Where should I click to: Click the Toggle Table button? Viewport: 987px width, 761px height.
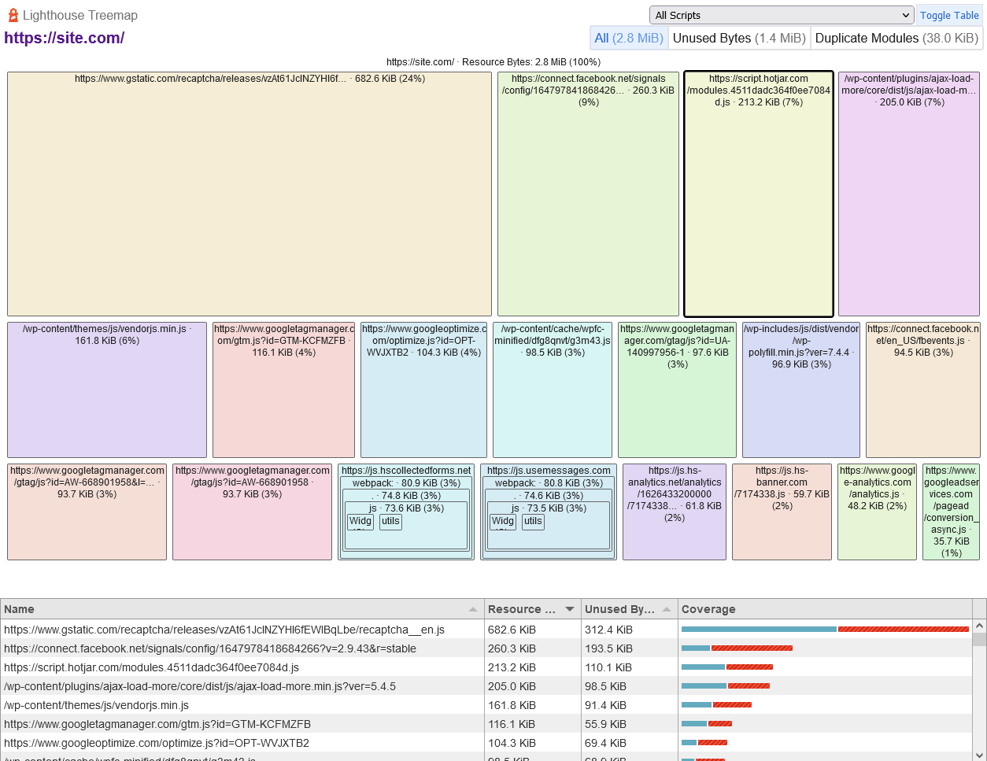click(x=949, y=15)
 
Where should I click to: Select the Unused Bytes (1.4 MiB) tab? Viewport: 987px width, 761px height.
click(x=739, y=38)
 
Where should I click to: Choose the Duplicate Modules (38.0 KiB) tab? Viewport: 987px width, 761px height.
click(x=896, y=38)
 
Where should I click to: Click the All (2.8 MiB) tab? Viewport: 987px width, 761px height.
click(x=629, y=38)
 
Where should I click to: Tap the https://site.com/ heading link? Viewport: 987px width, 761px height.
click(x=65, y=38)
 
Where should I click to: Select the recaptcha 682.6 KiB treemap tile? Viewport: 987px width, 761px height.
click(x=250, y=197)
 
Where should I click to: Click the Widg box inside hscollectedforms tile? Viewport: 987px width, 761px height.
click(x=360, y=521)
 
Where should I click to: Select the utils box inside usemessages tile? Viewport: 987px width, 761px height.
click(x=533, y=521)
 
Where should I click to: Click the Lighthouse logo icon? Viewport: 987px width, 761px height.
click(x=13, y=15)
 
